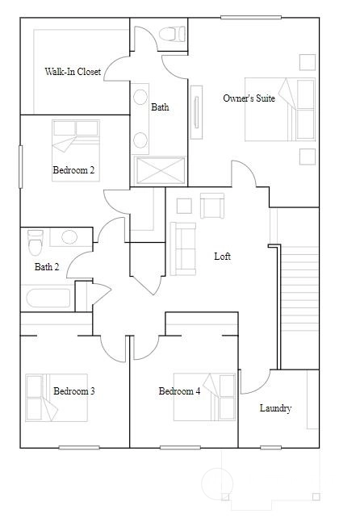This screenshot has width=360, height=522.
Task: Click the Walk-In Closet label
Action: [73, 72]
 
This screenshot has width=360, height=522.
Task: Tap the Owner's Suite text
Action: [249, 98]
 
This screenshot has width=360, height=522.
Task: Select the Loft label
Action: [223, 257]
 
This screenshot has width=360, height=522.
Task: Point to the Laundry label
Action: [276, 408]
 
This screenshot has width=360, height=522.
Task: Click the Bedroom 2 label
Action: [73, 170]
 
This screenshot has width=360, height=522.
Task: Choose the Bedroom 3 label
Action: [74, 390]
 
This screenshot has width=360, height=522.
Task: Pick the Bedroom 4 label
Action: [179, 390]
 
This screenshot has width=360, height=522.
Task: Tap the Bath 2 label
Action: [47, 267]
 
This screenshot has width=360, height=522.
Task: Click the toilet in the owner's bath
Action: [172, 34]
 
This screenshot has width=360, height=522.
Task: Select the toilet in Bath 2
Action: [36, 242]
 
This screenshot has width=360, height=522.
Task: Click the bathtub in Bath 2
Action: [48, 298]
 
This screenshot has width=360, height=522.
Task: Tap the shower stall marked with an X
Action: [160, 170]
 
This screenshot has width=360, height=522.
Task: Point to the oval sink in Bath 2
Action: [69, 237]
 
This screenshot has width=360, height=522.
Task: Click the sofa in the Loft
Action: [183, 249]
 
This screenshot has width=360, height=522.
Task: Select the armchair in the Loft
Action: [212, 206]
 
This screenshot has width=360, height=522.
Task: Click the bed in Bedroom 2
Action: [76, 151]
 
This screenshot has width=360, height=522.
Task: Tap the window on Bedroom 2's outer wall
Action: [21, 167]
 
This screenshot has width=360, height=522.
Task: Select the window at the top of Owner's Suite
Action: [251, 17]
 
